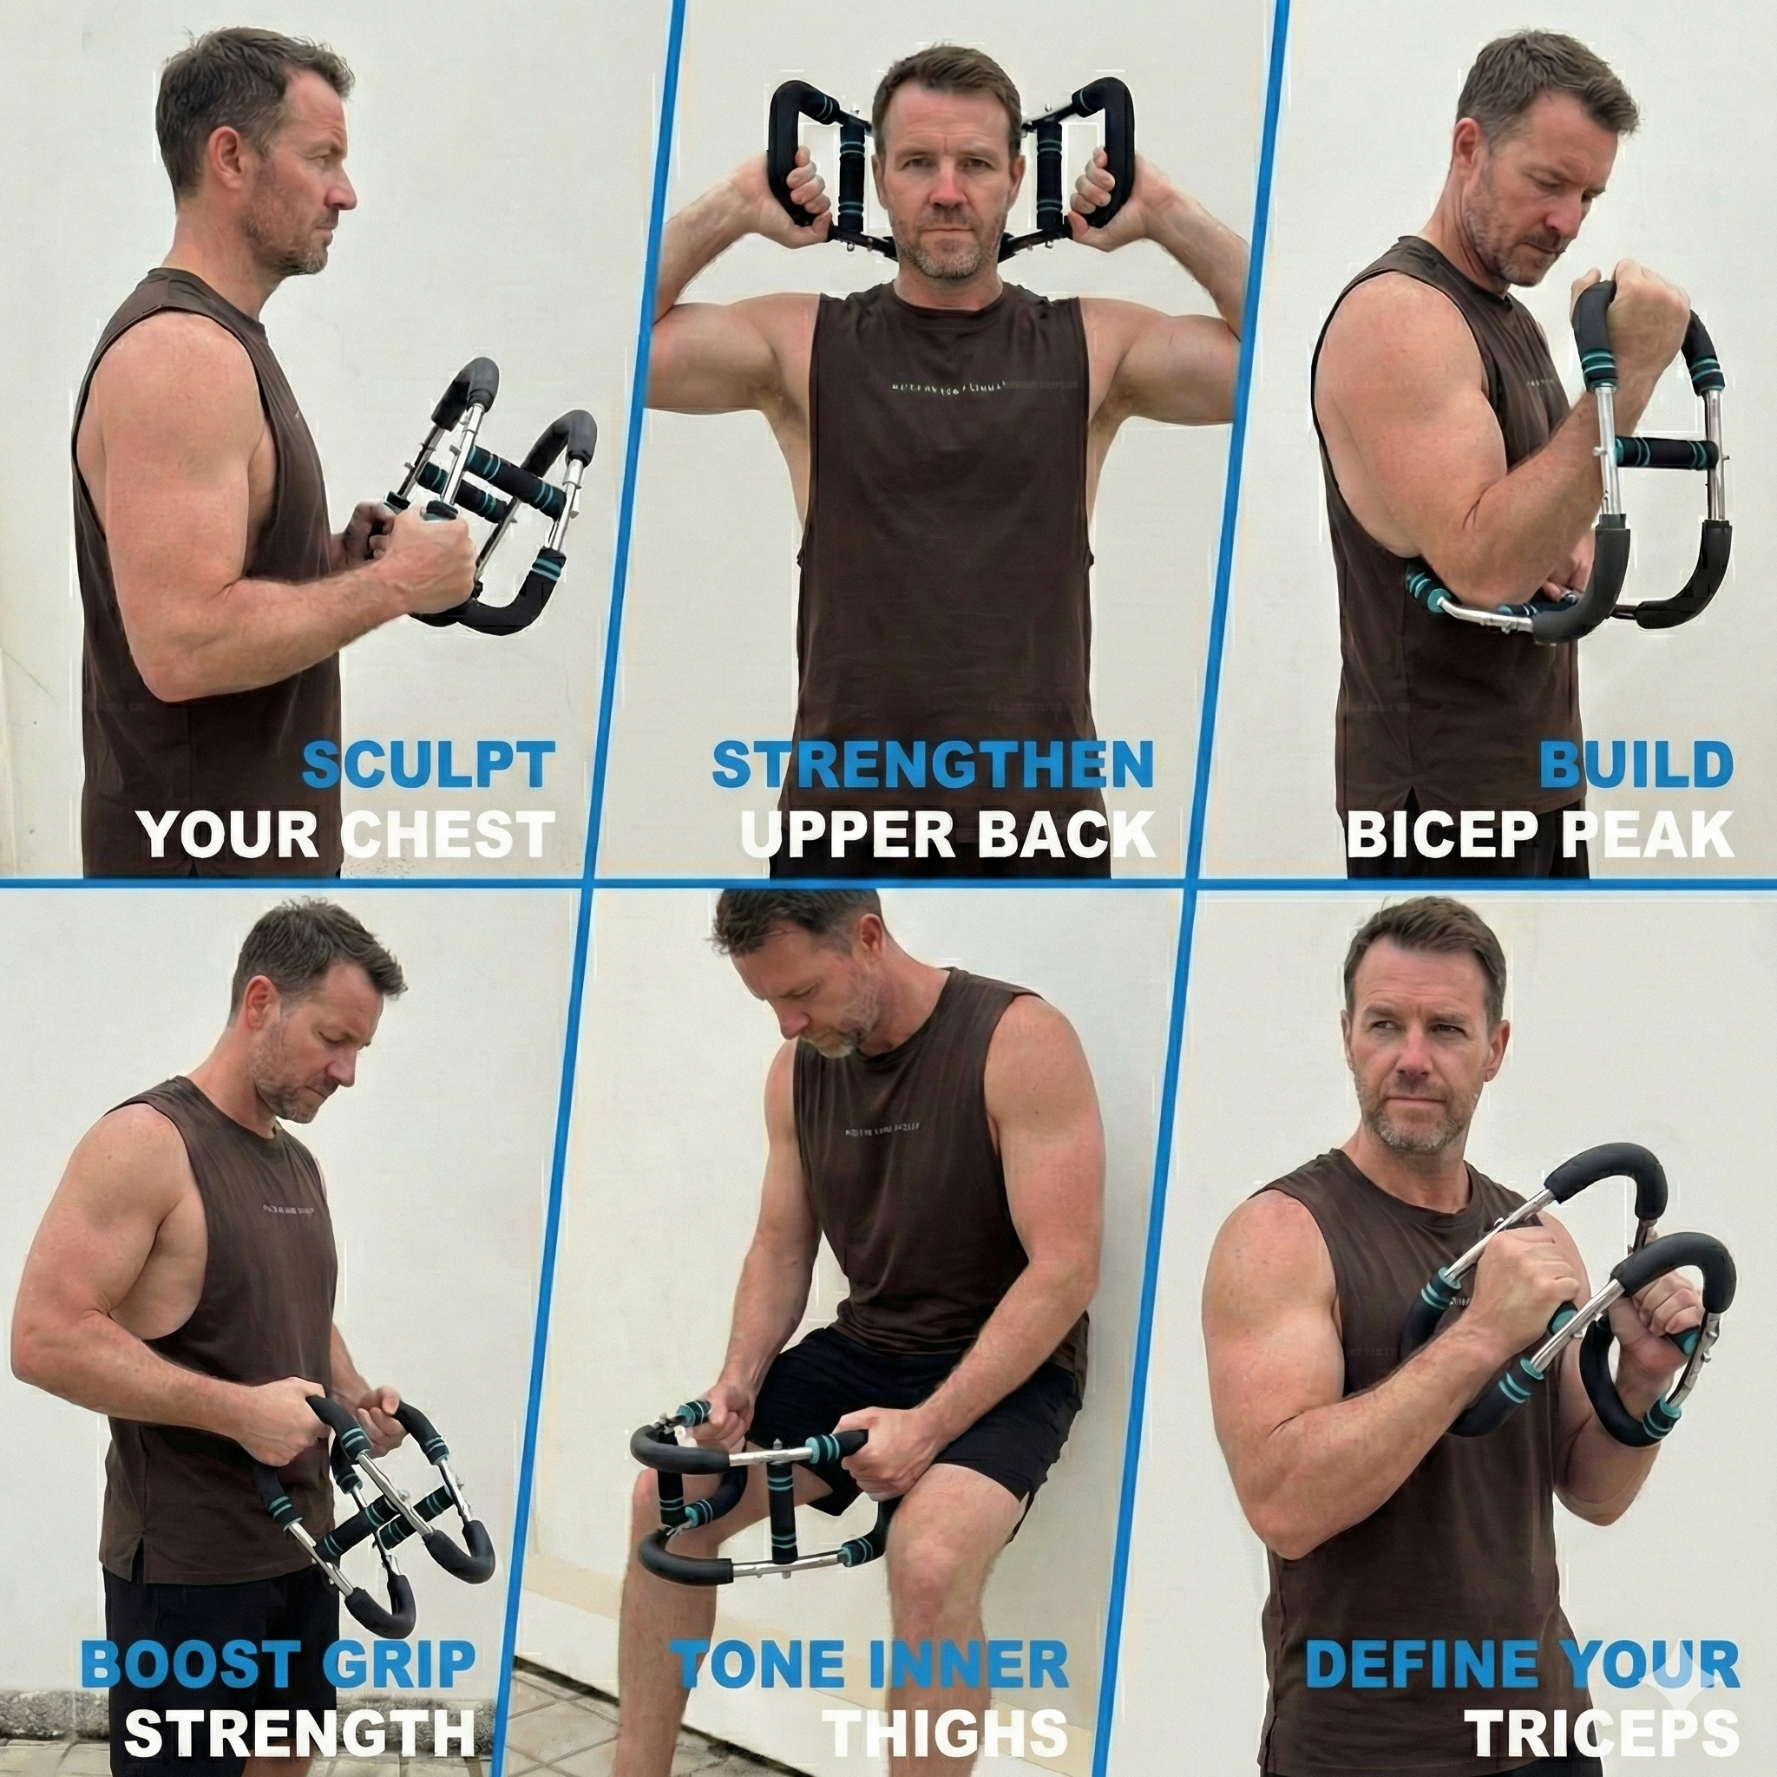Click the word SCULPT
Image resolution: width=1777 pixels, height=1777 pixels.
click(429, 765)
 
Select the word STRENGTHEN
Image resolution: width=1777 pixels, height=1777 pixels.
click(933, 765)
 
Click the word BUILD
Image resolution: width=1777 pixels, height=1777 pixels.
click(1636, 765)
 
